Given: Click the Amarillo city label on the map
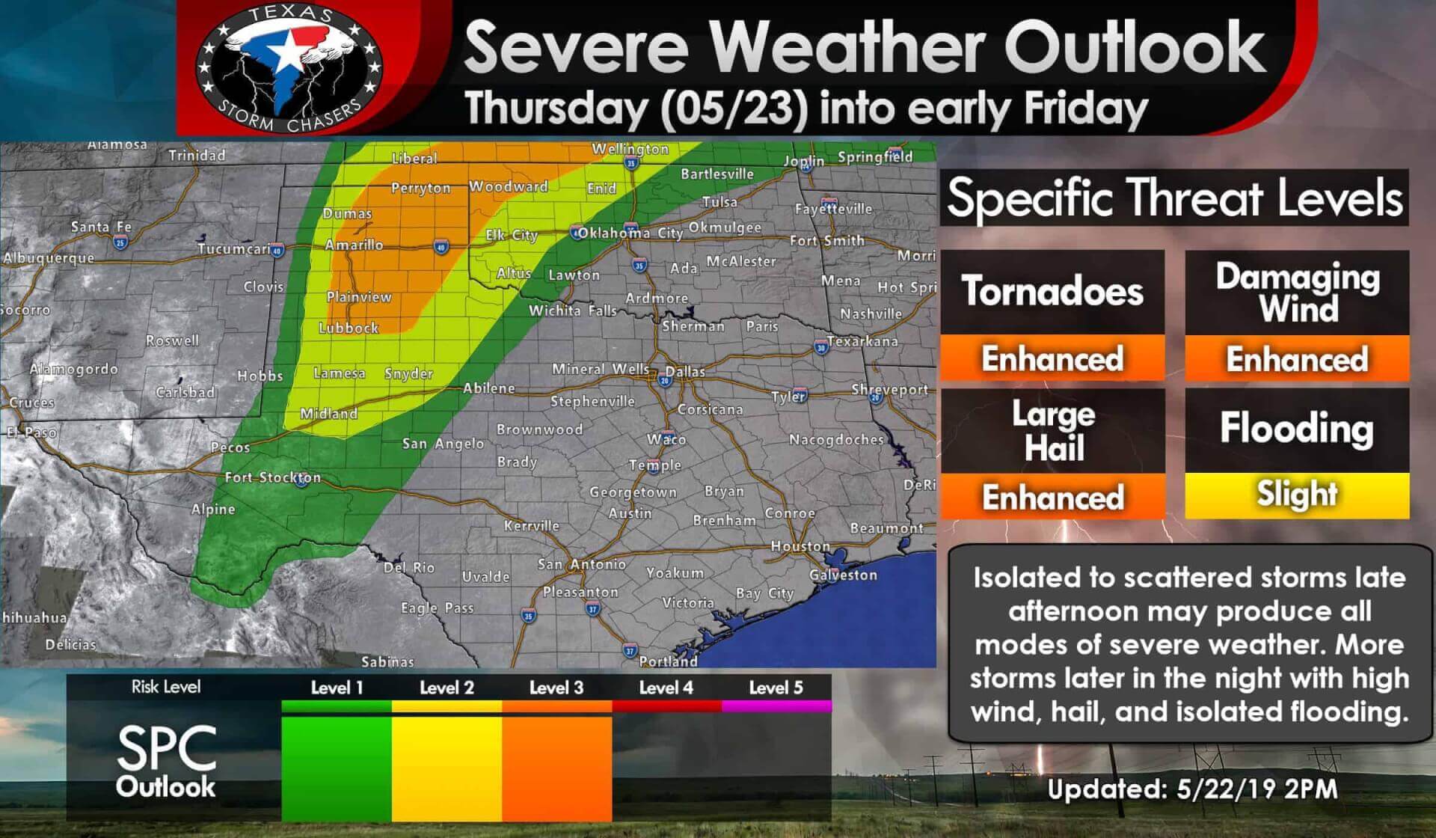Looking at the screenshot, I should coord(354,245).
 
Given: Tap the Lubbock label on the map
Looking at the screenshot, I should coord(349,328).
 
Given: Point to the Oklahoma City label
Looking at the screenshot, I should coord(630,233).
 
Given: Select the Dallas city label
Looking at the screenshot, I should coord(685,371).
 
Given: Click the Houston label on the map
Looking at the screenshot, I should coord(800,546).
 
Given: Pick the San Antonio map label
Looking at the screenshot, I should coord(581,564).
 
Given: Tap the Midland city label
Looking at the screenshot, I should coord(328,413).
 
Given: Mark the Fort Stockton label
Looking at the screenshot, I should coord(272,477).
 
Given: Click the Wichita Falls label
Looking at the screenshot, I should coord(572,310).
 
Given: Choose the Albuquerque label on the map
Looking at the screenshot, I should coord(49,258).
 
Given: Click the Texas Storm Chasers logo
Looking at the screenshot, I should coord(289,67).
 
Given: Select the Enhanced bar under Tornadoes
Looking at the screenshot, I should coord(1052,358).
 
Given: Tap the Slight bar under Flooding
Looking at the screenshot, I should coord(1297,495).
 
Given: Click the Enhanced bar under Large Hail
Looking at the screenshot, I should coord(1052,497).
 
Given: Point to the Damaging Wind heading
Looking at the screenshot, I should coord(1297,292).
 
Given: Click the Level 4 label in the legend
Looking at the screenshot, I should coord(666,688).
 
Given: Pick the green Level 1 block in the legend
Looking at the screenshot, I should coord(337,768).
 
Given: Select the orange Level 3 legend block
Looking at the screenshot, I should coord(556,768).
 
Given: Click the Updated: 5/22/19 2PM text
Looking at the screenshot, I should coord(1191,789).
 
